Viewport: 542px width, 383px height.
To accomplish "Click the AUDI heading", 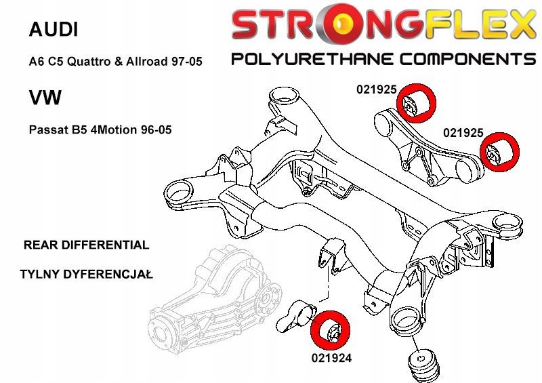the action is (x=54, y=29).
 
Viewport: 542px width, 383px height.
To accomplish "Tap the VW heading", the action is (x=45, y=98).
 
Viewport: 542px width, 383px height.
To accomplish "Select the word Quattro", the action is (x=94, y=62).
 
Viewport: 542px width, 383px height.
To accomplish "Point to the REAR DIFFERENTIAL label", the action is (x=85, y=245).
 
